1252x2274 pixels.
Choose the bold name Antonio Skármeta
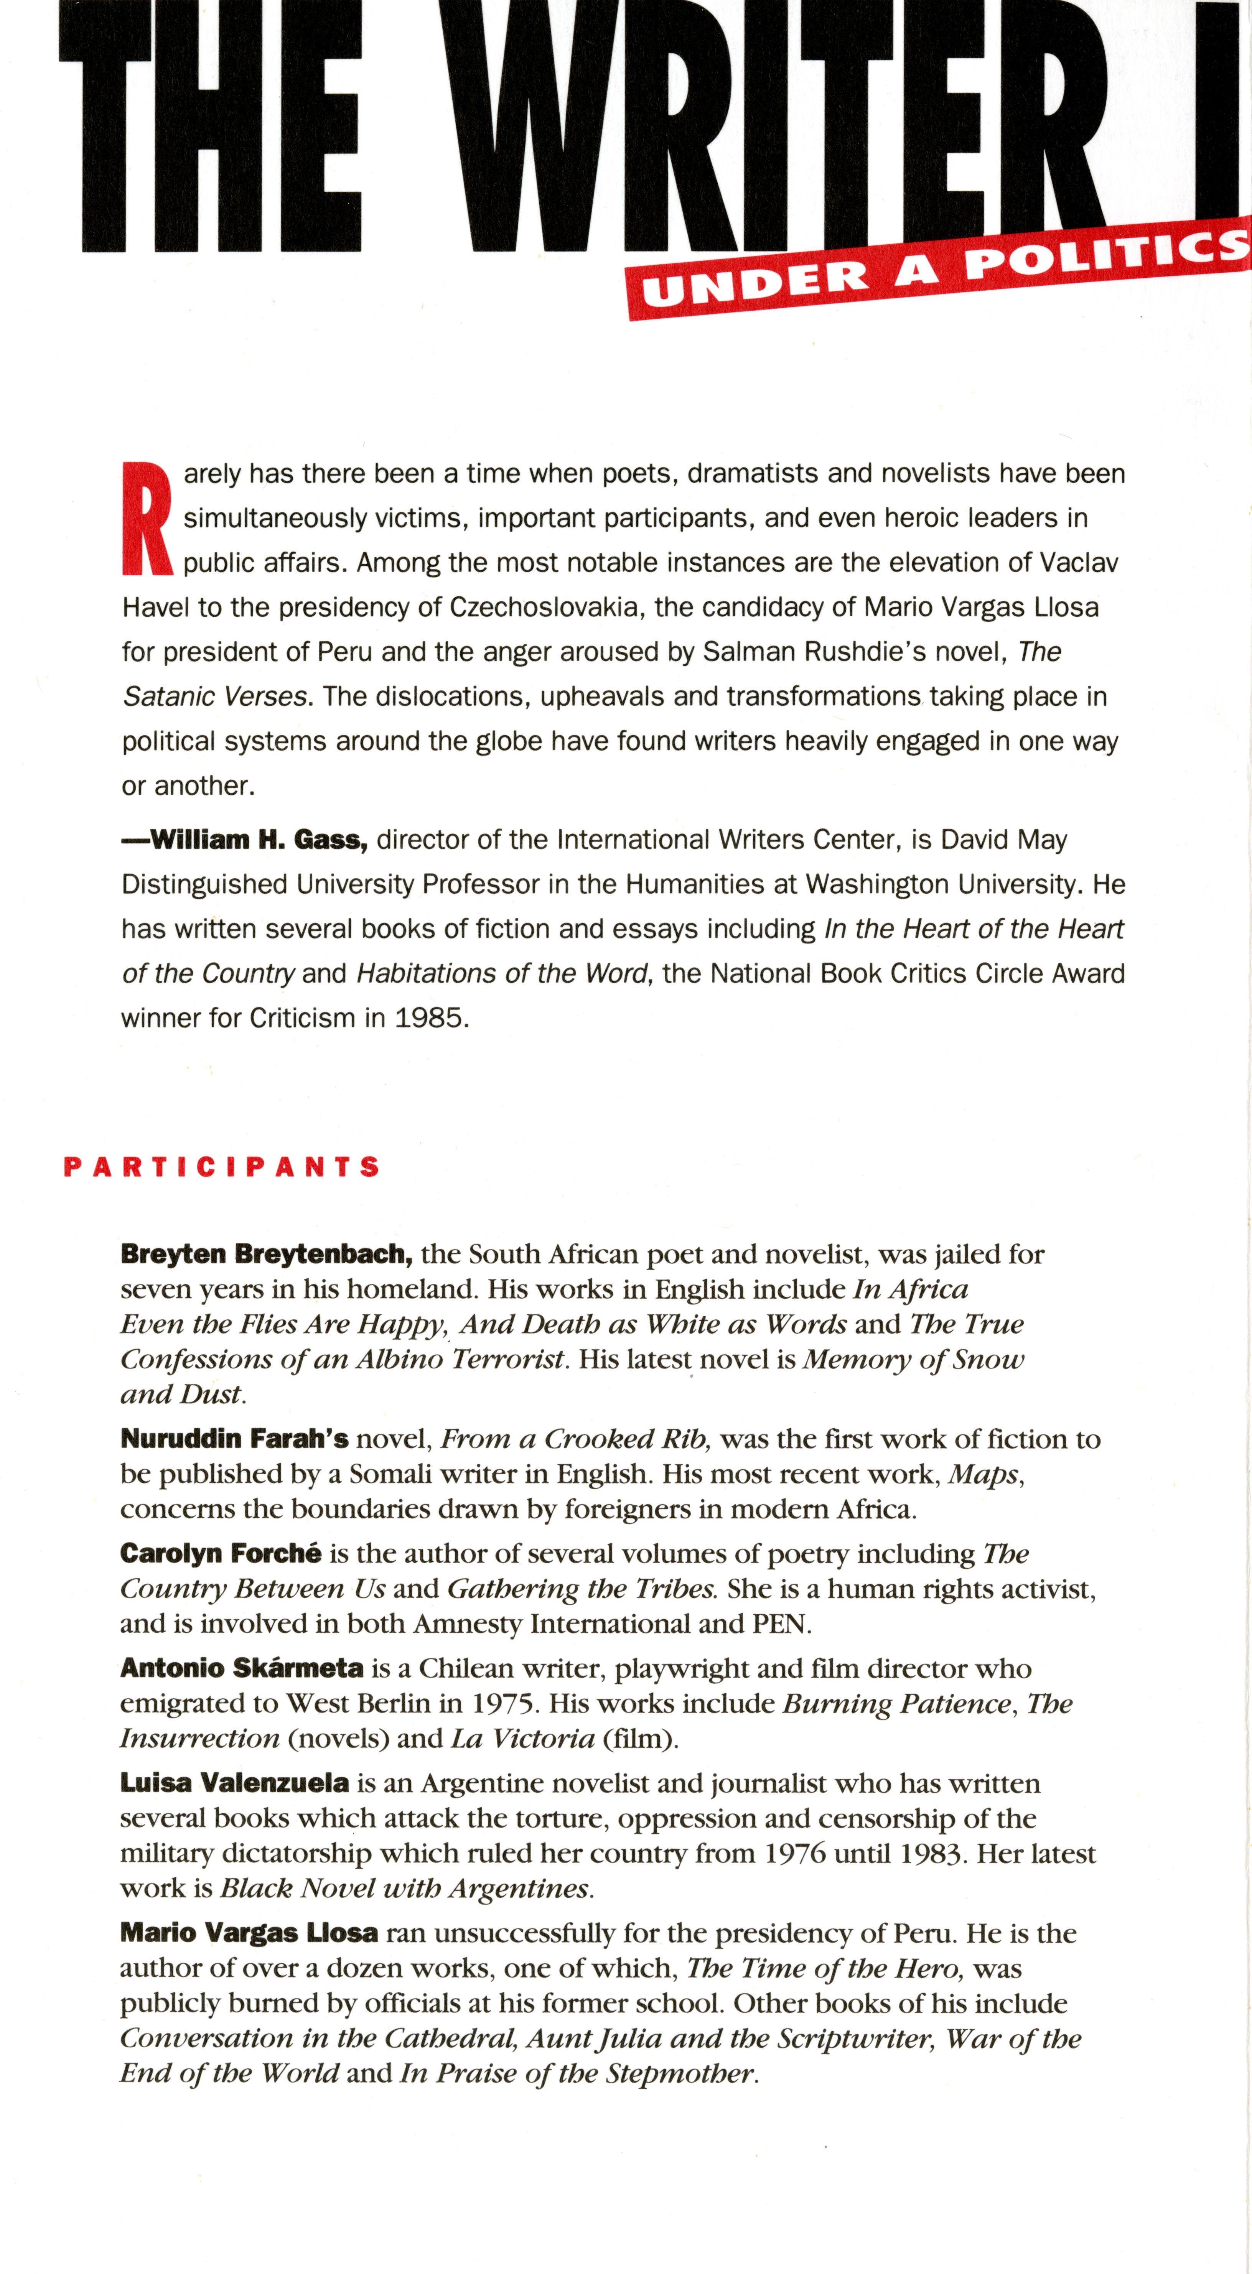[242, 1668]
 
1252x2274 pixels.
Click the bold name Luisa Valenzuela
[235, 1783]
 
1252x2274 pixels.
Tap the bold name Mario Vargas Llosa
[249, 1933]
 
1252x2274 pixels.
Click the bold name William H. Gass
[258, 840]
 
